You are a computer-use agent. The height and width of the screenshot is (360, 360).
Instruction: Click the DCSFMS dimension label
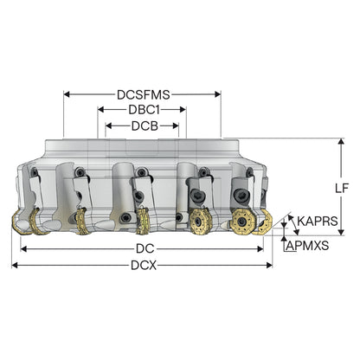point(144,94)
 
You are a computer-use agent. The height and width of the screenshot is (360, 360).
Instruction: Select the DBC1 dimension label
point(144,110)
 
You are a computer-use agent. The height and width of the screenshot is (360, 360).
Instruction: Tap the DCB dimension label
point(145,126)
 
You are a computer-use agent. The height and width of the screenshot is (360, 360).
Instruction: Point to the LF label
point(342,188)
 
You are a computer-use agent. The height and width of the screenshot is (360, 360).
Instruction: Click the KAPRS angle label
point(318,222)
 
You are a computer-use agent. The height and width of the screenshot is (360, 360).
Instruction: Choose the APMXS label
point(307,246)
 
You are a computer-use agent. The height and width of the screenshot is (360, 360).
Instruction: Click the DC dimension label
point(145,248)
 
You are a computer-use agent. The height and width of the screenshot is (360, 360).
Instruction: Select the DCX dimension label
point(144,265)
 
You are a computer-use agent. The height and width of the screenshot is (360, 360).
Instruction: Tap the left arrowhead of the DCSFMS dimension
point(67,94)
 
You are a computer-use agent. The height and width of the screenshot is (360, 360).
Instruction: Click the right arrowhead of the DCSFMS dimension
point(217,94)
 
